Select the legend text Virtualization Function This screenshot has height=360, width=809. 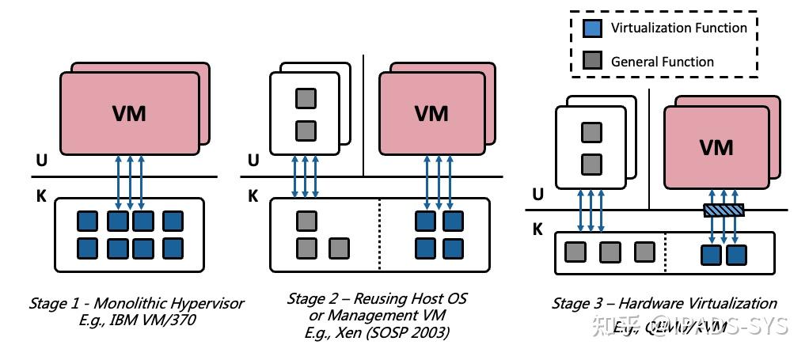pyautogui.click(x=678, y=28)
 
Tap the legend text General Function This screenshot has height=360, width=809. pyautogui.click(x=662, y=62)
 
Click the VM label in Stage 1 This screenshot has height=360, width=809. pyautogui.click(x=128, y=113)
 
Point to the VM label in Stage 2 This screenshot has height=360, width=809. pyautogui.click(x=432, y=113)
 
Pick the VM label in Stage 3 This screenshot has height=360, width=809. pyautogui.click(x=716, y=147)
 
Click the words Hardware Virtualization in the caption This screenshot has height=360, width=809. pyautogui.click(x=697, y=303)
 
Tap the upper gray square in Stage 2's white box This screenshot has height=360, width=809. pyautogui.click(x=306, y=99)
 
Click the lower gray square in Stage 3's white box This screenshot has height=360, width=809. pyautogui.click(x=591, y=165)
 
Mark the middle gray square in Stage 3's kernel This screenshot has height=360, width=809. pyautogui.click(x=610, y=253)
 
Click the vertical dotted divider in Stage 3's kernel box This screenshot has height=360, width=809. pyautogui.click(x=665, y=253)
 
